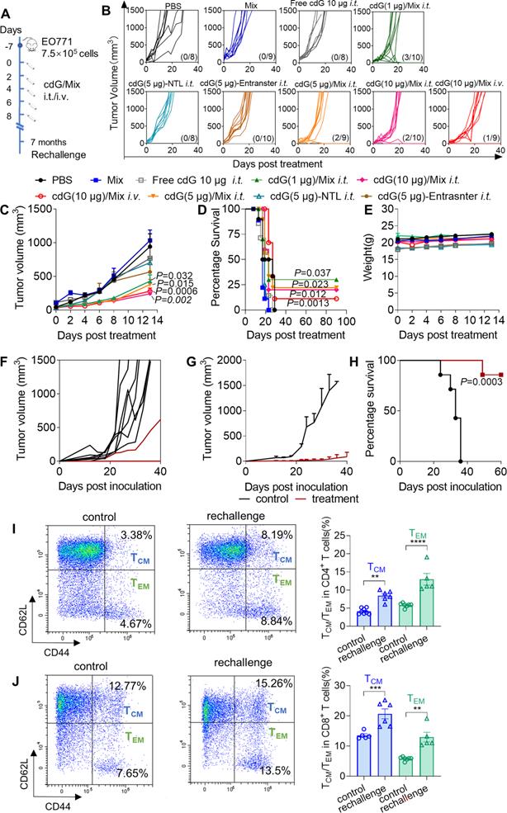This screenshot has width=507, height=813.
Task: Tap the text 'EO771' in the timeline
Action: (64, 34)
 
